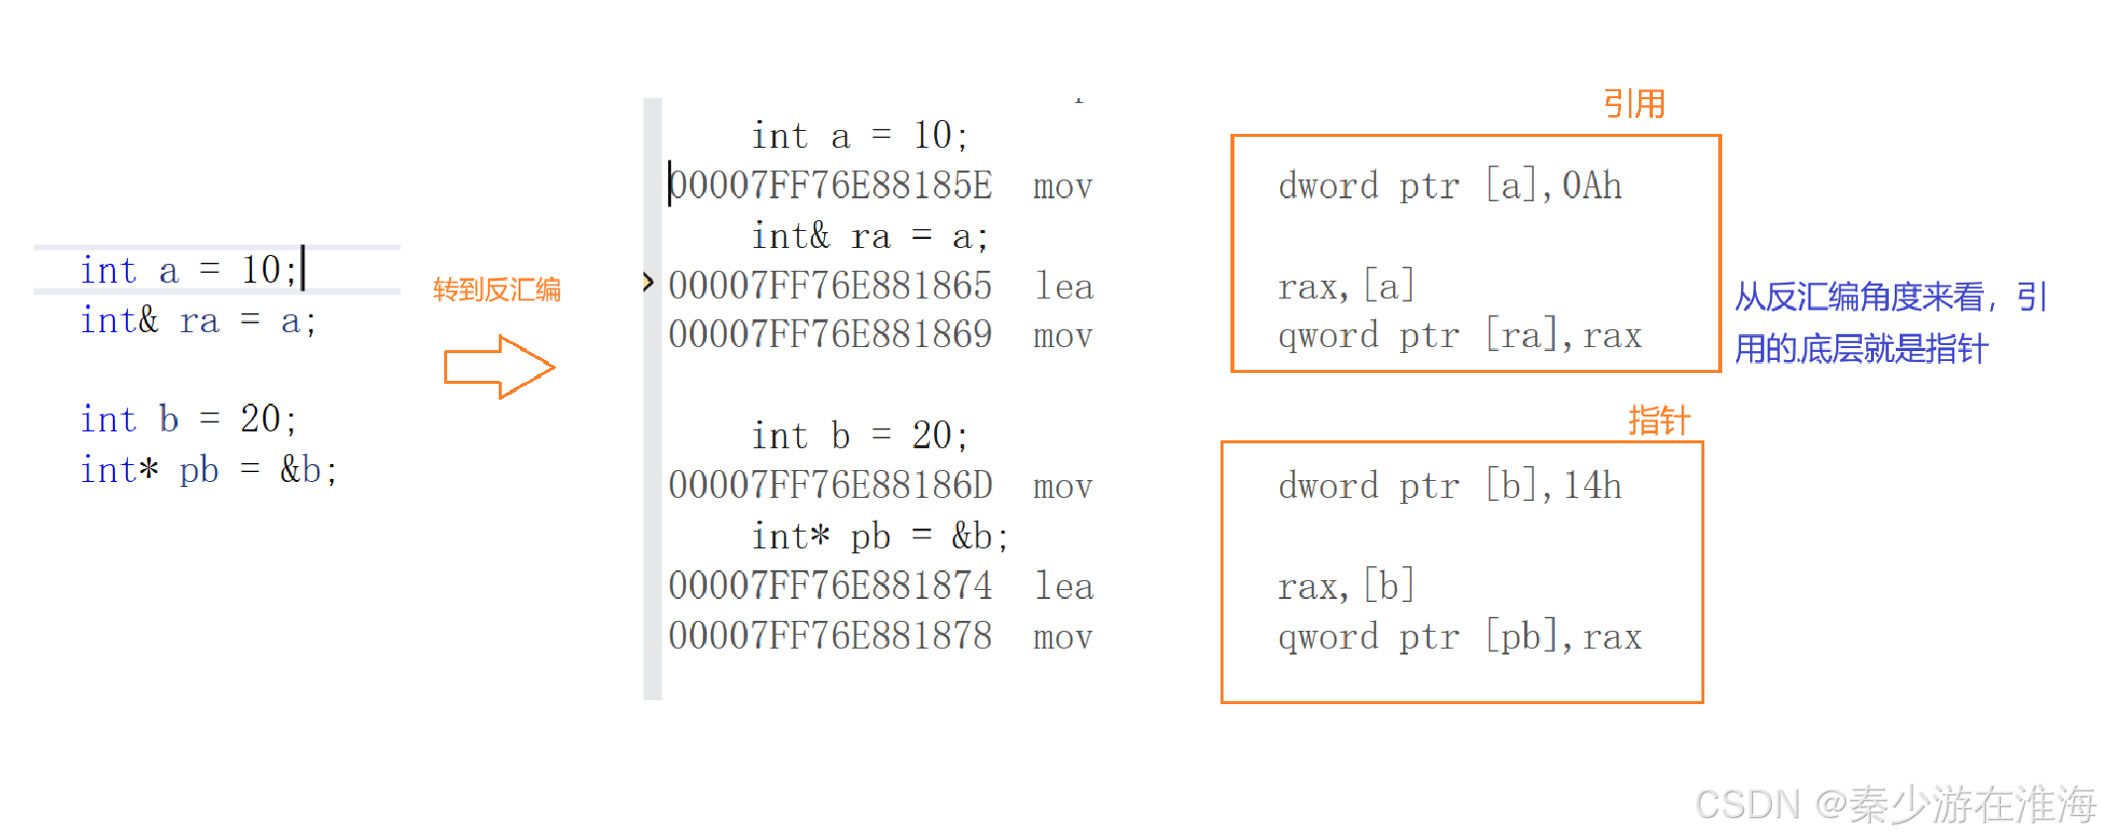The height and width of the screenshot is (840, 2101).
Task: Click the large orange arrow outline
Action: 499,367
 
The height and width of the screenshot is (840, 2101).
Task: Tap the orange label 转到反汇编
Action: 497,290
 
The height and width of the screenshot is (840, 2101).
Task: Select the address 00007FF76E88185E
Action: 831,185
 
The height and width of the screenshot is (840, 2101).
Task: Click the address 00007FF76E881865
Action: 831,286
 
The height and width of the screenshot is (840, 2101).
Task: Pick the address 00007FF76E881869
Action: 831,335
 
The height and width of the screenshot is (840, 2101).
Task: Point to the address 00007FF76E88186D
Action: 831,486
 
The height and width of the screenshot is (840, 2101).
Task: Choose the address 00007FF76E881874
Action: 831,586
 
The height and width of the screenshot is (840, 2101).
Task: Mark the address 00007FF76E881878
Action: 831,637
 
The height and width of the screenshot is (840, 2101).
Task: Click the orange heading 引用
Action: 1634,104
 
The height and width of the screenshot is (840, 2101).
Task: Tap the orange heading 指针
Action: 1659,421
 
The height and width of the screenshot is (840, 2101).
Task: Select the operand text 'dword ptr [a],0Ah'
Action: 1450,185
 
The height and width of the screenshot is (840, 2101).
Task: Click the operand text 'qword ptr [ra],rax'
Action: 1459,336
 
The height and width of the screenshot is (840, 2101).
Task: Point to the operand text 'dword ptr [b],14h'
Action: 1450,486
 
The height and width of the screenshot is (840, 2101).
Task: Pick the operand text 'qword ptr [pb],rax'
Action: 1459,637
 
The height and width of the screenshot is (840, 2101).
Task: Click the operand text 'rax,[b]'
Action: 1345,586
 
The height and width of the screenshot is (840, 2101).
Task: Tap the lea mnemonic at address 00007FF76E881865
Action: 1064,286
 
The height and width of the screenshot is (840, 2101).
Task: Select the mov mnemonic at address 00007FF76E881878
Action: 1063,637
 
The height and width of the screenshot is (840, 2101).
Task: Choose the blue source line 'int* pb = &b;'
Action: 209,470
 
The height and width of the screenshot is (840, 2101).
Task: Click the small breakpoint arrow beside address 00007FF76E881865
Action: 648,283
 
